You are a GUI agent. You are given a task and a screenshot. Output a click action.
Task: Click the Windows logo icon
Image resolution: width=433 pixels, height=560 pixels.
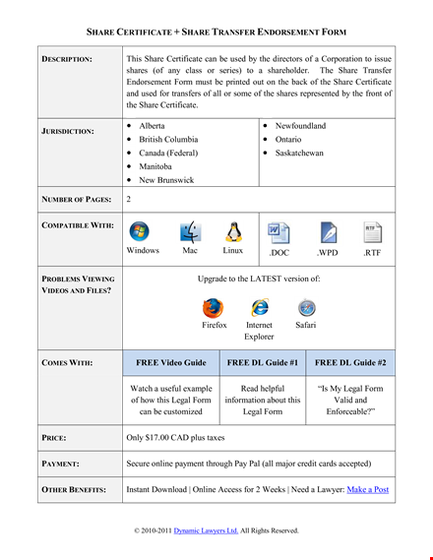pos(139,231)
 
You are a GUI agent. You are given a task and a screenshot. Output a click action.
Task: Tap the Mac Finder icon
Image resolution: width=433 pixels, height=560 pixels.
pos(190,232)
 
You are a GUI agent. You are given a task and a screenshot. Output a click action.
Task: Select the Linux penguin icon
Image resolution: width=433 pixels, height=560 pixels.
pos(233,231)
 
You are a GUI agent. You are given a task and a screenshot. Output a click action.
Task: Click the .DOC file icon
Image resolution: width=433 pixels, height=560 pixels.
pos(278,233)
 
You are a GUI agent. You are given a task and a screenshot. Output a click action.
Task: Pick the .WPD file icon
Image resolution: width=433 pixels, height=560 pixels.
pos(328,233)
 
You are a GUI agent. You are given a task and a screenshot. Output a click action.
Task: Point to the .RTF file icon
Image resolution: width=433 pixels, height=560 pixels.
pos(372,232)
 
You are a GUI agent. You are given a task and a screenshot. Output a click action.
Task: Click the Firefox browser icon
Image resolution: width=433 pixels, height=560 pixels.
pos(214,308)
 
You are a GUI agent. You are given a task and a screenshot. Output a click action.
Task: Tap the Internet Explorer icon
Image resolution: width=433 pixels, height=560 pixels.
pos(260,307)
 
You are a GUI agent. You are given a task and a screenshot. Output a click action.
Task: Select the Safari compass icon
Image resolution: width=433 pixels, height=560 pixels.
pos(306,308)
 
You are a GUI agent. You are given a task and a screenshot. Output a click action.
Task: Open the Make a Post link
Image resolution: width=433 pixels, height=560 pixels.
pos(368,489)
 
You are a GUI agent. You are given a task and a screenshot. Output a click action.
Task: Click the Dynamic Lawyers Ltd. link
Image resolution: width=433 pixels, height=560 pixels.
pos(206,530)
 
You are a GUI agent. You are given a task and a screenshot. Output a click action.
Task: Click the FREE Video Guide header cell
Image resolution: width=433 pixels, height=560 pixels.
pos(171,362)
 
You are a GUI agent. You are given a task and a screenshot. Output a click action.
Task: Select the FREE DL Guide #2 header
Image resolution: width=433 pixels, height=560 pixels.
pos(350,362)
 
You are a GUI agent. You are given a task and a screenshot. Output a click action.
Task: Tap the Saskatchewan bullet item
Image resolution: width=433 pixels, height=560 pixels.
pos(299,153)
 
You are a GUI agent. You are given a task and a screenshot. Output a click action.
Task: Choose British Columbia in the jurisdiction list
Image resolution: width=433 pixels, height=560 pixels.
pos(168,140)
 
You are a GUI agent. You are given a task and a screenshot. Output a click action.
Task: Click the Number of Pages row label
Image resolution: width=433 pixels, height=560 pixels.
pos(77,199)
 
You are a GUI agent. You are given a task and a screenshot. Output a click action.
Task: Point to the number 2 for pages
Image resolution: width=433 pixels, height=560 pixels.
pos(129,199)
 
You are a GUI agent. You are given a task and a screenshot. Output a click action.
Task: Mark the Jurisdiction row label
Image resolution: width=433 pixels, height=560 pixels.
pos(68,131)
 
